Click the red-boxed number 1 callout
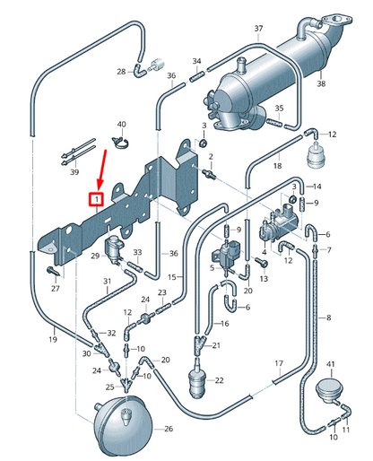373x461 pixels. [96, 200]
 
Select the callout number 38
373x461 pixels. [321, 83]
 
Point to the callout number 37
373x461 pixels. [258, 29]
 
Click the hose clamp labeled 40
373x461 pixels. [121, 143]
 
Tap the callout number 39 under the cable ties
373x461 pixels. [74, 172]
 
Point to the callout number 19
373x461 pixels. [53, 339]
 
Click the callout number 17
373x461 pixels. [279, 363]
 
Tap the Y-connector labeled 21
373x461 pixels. [199, 344]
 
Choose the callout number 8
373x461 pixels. [329, 317]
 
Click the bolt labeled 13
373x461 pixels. [262, 262]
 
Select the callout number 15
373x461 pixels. [172, 277]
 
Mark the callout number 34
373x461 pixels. [196, 61]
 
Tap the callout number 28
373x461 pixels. [121, 72]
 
